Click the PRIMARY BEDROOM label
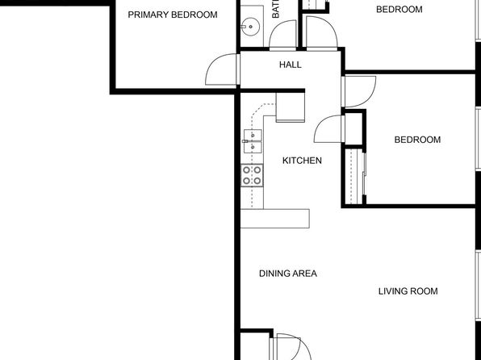click(172, 15)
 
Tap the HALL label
click(290, 65)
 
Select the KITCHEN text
click(302, 161)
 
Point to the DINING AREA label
click(287, 274)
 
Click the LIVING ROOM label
click(408, 291)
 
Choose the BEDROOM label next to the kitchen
click(417, 140)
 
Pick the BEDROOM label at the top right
click(399, 10)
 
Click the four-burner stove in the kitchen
click(252, 175)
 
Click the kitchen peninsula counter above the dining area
click(275, 218)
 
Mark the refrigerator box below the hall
click(290, 107)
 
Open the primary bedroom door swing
click(221, 71)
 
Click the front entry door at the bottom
click(287, 347)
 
